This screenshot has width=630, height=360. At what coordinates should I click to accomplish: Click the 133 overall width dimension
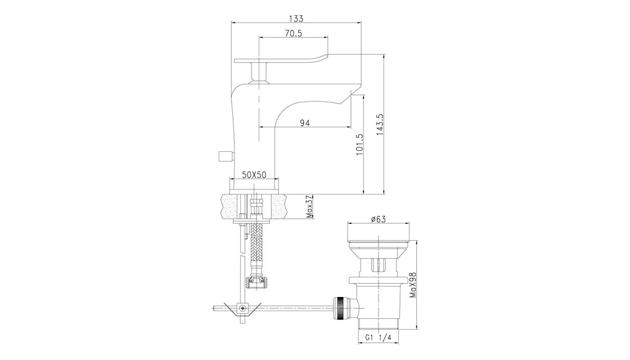click(x=296, y=19)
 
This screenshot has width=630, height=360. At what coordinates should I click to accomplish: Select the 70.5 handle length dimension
click(x=293, y=33)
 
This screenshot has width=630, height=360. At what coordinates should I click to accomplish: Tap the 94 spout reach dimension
click(x=305, y=123)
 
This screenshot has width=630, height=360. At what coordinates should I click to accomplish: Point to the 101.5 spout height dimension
click(x=359, y=145)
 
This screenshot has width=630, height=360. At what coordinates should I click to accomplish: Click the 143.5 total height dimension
click(x=380, y=124)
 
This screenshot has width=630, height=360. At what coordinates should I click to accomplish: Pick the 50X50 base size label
click(x=255, y=174)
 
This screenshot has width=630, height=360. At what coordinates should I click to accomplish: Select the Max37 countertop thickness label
click(x=310, y=206)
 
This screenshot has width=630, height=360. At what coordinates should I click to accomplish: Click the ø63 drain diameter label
click(x=378, y=219)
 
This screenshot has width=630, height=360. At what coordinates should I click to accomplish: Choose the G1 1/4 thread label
click(x=379, y=338)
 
